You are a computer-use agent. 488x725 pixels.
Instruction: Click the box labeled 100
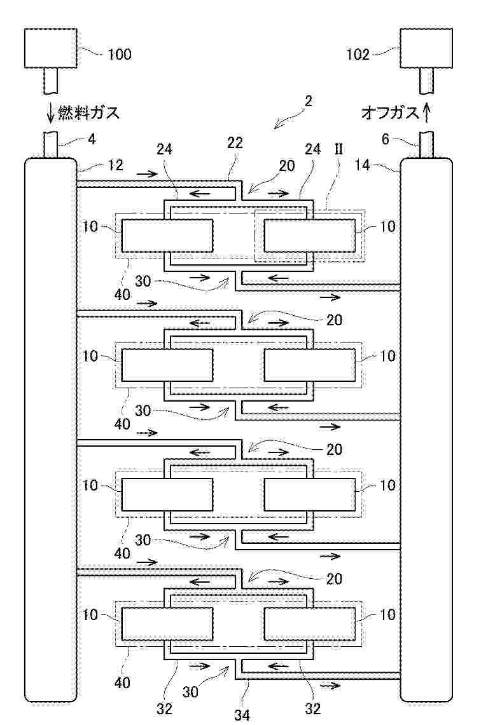click(x=52, y=48)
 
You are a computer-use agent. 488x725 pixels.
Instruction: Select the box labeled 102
click(x=426, y=48)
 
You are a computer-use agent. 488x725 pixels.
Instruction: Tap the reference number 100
click(x=119, y=54)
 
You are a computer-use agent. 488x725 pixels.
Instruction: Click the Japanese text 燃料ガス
click(x=89, y=113)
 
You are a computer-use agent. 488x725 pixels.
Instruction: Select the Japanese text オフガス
click(x=390, y=113)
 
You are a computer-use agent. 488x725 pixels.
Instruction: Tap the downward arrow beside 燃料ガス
click(x=51, y=113)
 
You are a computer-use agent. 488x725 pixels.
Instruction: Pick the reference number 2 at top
click(x=308, y=101)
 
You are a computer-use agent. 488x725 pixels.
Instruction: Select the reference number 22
click(x=235, y=144)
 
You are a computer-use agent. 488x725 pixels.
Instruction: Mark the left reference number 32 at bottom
click(x=165, y=708)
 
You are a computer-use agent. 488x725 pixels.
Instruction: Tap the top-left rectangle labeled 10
click(x=167, y=235)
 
